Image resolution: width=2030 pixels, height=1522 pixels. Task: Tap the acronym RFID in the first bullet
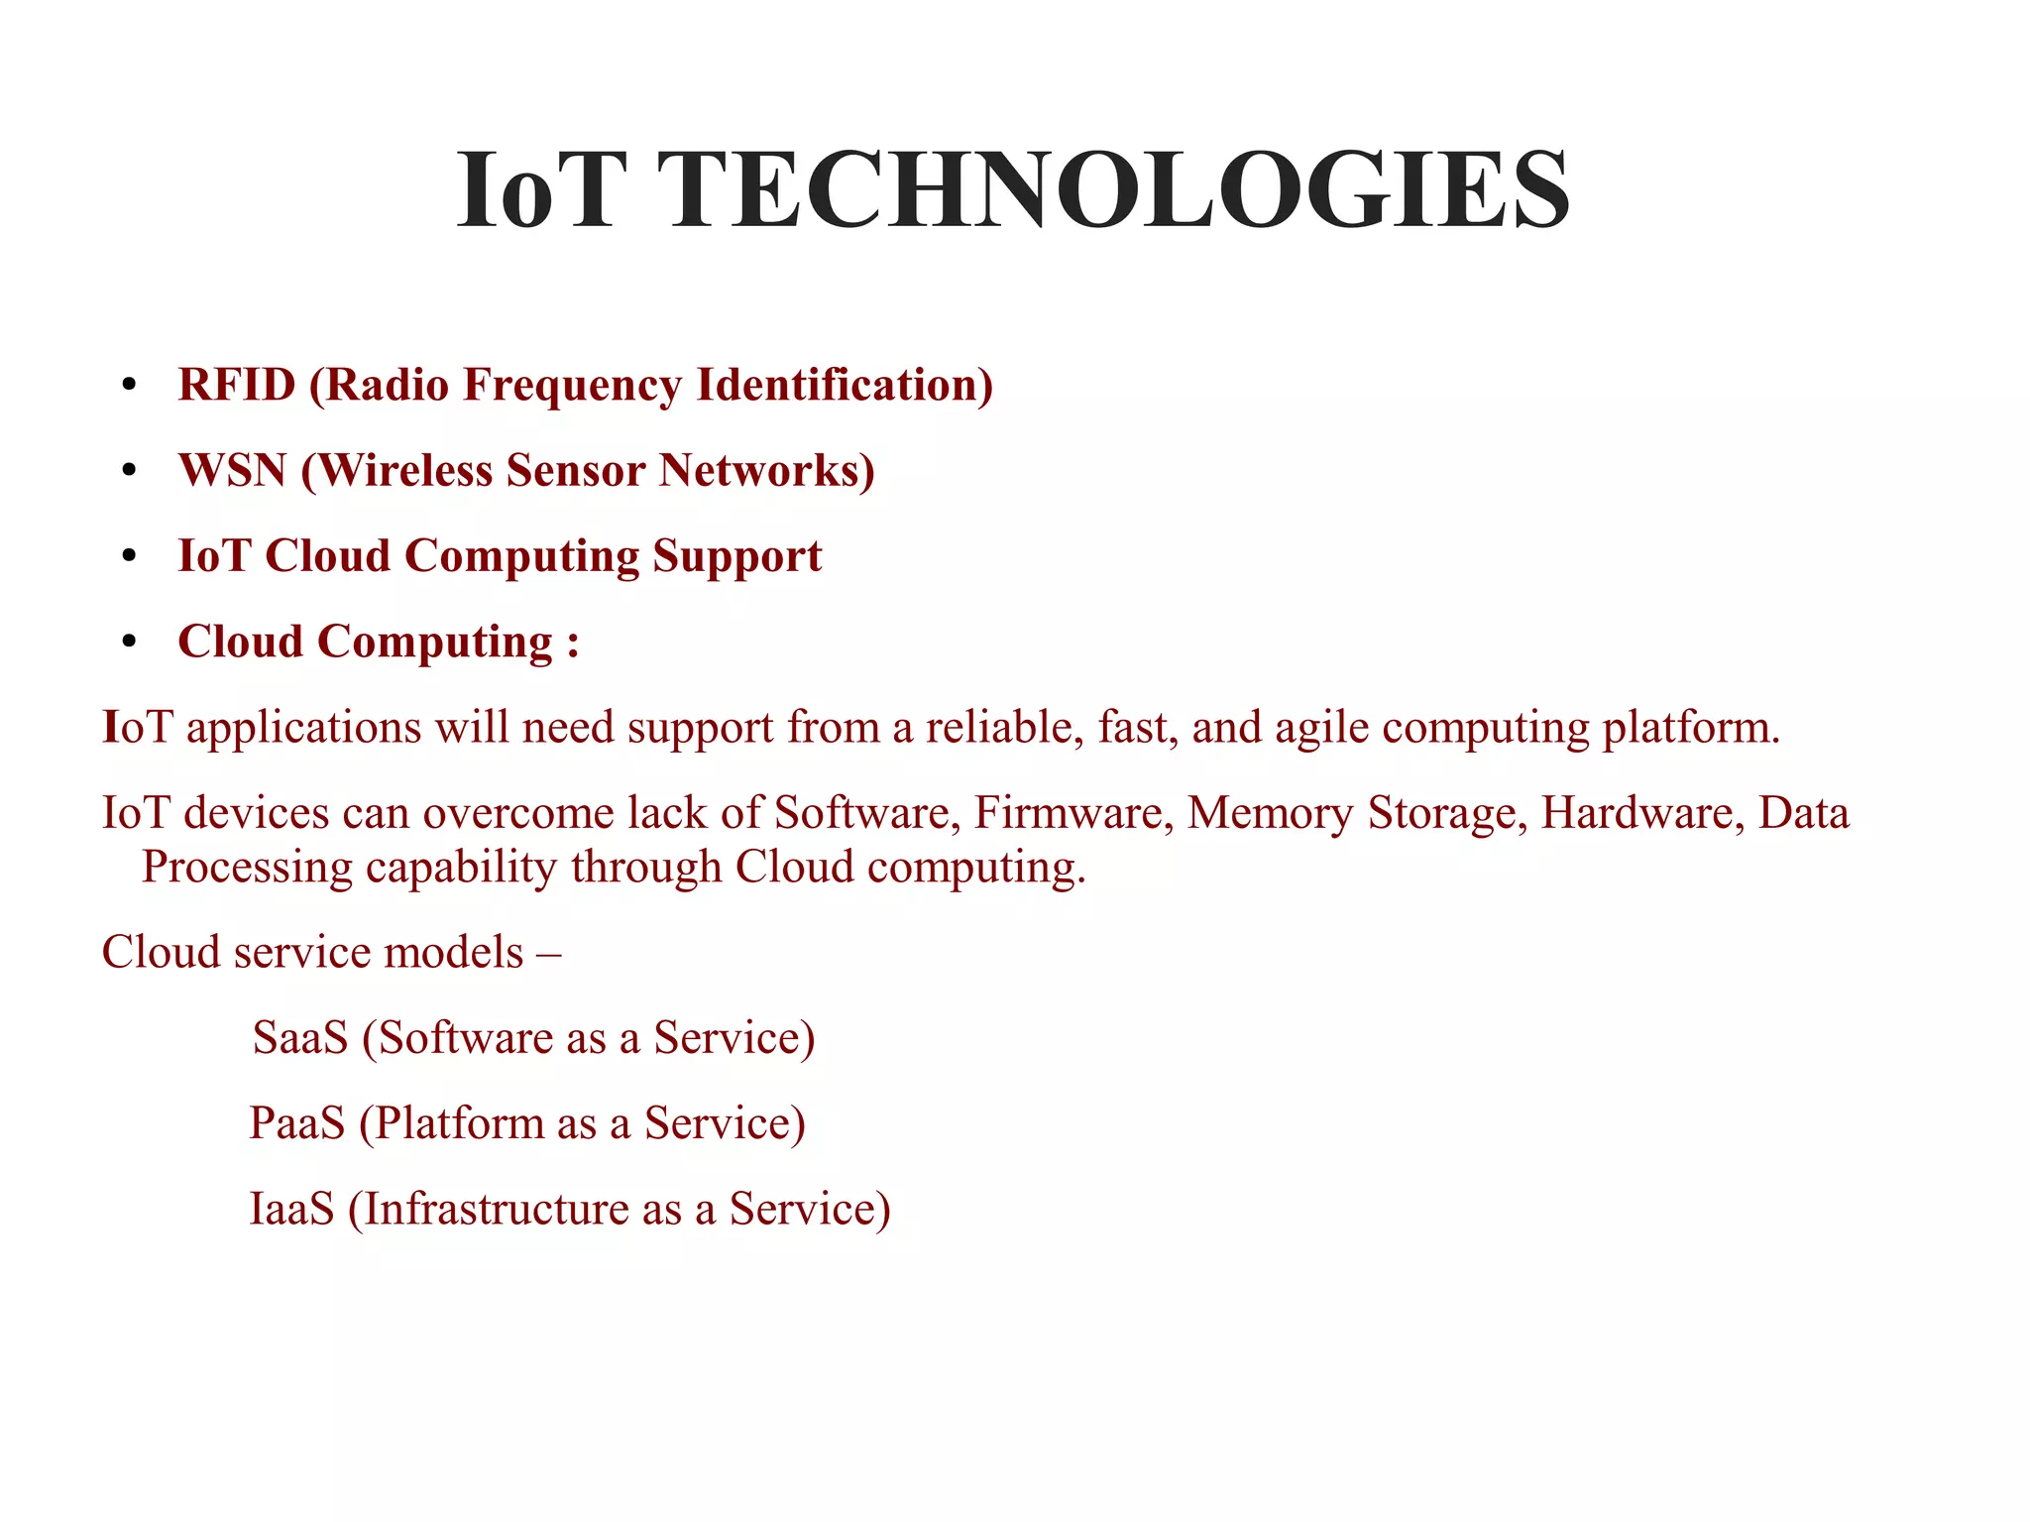tap(237, 385)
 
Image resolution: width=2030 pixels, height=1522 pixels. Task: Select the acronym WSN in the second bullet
tap(233, 470)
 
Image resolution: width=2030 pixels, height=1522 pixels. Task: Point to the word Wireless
tap(405, 470)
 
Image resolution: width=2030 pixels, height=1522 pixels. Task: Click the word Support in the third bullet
tap(737, 556)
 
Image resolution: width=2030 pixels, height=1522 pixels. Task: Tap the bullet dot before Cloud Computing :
tap(129, 644)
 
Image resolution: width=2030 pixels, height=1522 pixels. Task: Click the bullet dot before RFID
tap(129, 387)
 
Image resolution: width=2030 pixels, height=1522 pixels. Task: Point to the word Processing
tap(247, 868)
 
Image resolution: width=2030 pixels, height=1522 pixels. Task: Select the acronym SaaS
tap(300, 1038)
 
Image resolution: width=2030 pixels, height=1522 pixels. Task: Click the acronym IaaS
tap(291, 1209)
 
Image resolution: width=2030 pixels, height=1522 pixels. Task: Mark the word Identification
tap(844, 385)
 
